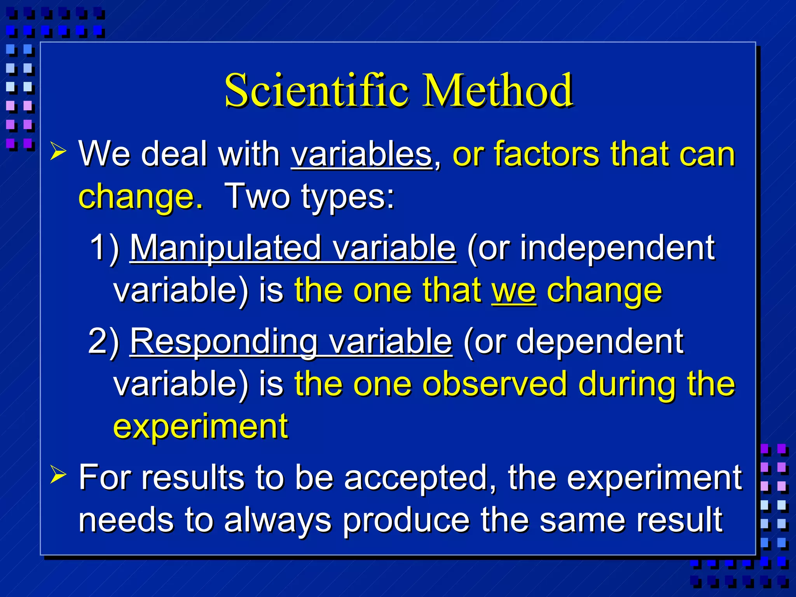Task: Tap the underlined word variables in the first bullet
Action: [x=361, y=155]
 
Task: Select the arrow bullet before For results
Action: [x=58, y=475]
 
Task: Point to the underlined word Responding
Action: [x=224, y=341]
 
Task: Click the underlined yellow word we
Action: [x=514, y=291]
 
